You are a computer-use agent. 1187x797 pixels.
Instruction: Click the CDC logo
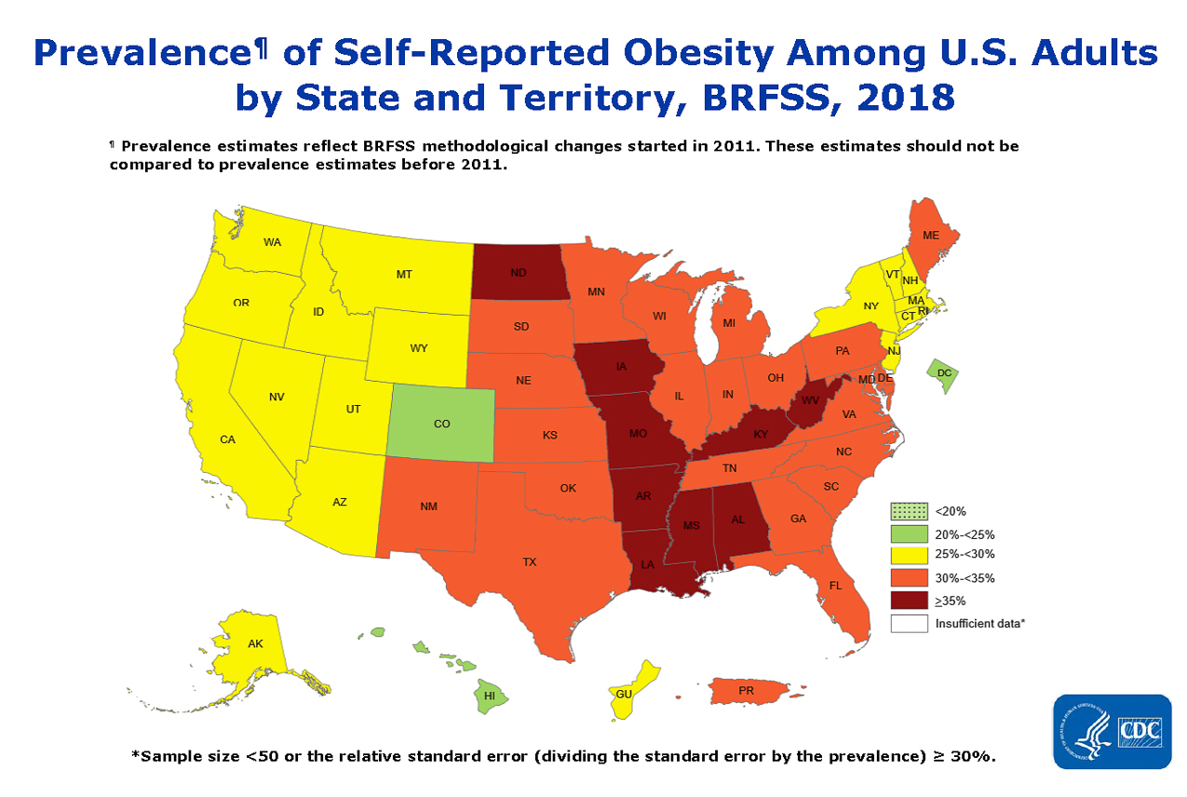(x=1112, y=731)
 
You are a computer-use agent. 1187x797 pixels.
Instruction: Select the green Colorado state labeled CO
(x=441, y=423)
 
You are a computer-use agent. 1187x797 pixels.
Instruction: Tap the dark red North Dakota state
(x=518, y=272)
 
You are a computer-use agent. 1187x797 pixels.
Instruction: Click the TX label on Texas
(x=529, y=561)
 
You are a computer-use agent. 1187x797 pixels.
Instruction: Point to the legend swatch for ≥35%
(x=909, y=601)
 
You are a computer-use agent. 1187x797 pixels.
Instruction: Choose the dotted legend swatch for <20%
(x=909, y=511)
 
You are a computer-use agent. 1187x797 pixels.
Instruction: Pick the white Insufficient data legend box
(x=909, y=624)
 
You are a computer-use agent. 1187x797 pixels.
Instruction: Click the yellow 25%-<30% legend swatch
(x=909, y=555)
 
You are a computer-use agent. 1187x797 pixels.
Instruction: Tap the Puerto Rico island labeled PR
(x=746, y=691)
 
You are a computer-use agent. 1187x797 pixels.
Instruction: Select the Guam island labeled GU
(x=625, y=694)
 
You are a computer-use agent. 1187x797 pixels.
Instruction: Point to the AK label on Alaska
(x=255, y=643)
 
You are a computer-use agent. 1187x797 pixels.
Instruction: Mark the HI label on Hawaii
(x=490, y=695)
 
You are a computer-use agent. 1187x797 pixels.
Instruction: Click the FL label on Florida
(x=835, y=586)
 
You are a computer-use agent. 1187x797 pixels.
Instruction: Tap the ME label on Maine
(x=930, y=236)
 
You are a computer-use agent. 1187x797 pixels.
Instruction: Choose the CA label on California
(x=227, y=439)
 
